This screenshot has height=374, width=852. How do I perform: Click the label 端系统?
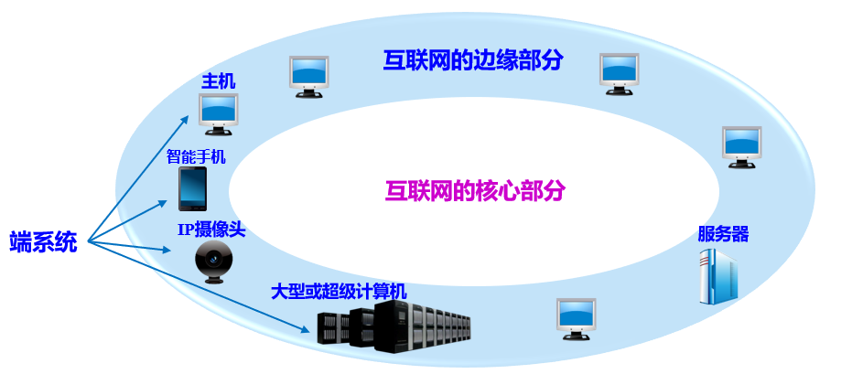(43, 242)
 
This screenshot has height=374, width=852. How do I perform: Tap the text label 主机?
(218, 81)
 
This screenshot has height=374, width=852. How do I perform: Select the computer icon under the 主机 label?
(218, 113)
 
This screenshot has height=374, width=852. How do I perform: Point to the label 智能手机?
(195, 156)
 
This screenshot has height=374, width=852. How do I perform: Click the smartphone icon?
(192, 188)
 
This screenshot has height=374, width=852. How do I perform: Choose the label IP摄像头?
(211, 230)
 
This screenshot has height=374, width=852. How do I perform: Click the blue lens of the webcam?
(214, 259)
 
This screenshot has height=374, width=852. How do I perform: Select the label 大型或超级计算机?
(339, 292)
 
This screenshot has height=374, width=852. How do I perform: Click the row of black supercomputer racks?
(394, 326)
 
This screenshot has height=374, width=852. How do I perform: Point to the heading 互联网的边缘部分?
(472, 60)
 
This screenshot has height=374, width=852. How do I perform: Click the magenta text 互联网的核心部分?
(475, 191)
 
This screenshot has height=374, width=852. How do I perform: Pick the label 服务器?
(723, 234)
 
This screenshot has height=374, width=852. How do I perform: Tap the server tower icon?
(718, 276)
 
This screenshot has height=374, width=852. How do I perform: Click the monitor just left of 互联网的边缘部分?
(308, 76)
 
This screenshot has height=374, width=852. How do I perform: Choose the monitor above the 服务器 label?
(741, 146)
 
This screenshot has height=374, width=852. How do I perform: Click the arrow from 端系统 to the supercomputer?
(201, 291)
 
